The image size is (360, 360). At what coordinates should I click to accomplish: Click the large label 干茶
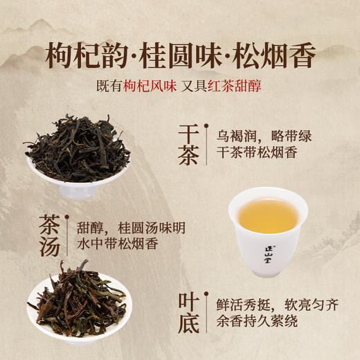[x=187, y=144]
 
